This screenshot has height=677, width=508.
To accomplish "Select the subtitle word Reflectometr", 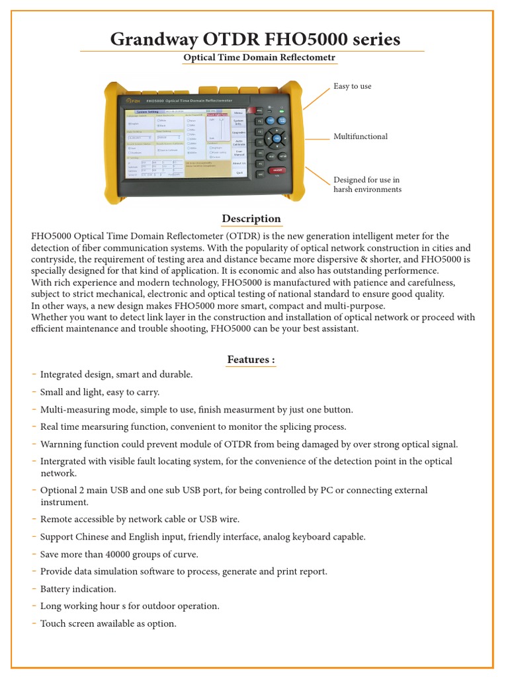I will point(305,58).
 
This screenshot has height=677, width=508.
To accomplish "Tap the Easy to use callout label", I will point(352,87).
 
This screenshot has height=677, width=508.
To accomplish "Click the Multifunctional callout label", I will point(360,137).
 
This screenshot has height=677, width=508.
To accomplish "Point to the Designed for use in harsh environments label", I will point(367,184).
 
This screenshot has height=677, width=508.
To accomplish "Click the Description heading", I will point(251,219).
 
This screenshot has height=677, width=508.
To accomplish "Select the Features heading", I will point(251,360).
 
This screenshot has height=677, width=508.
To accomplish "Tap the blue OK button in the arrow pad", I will point(276,138).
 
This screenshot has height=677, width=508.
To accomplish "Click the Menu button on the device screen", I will point(239,113).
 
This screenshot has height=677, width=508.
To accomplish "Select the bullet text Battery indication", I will point(78,589).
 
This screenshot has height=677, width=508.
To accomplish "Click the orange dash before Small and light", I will point(34,392).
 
